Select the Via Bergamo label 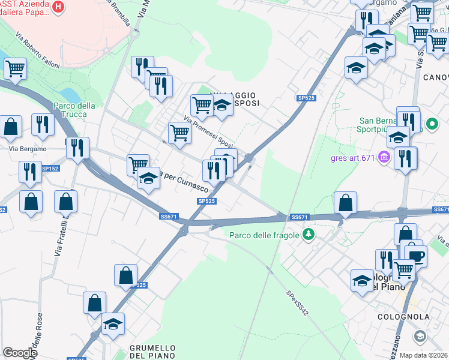pyautogui.click(x=28, y=149)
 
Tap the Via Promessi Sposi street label pyautogui.click(x=208, y=131)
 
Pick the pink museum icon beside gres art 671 pyautogui.click(x=385, y=158)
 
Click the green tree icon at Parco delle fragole pyautogui.click(x=309, y=234)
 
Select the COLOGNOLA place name pyautogui.click(x=403, y=317)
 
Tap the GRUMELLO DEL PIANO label pyautogui.click(x=152, y=352)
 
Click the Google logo pyautogui.click(x=20, y=353)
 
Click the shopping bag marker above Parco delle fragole pyautogui.click(x=346, y=203)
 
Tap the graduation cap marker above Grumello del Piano pyautogui.click(x=112, y=324)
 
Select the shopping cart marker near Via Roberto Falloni pyautogui.click(x=15, y=69)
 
